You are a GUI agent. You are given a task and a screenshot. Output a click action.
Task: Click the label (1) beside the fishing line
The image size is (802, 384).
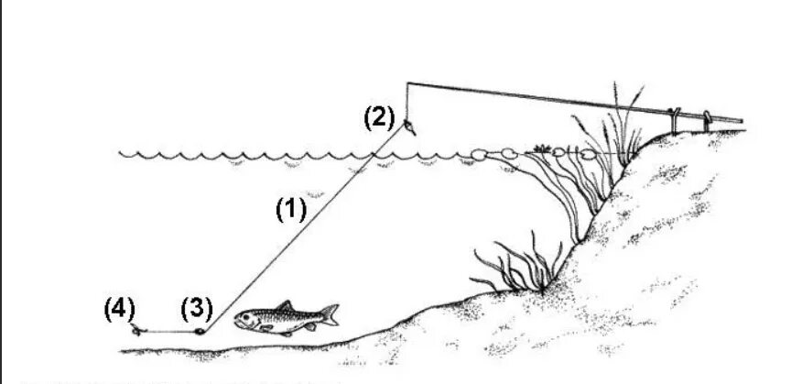pos(290,210)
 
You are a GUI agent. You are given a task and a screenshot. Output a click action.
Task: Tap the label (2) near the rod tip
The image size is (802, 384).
pos(378,117)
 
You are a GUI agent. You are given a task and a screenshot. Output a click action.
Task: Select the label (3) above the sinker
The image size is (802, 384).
pos(196,307)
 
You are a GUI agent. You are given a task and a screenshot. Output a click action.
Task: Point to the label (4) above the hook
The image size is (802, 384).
pos(119,306)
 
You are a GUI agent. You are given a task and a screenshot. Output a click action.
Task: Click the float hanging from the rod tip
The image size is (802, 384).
pos(409,125)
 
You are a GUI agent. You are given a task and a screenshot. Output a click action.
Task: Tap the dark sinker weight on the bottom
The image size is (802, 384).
pos(197,332)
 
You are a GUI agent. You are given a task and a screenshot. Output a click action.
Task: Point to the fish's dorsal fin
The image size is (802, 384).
pos(285,305)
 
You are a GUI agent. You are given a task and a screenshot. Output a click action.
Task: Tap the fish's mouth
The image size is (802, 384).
pos(236,321)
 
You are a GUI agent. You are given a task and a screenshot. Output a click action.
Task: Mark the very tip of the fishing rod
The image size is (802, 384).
pos(405,84)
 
